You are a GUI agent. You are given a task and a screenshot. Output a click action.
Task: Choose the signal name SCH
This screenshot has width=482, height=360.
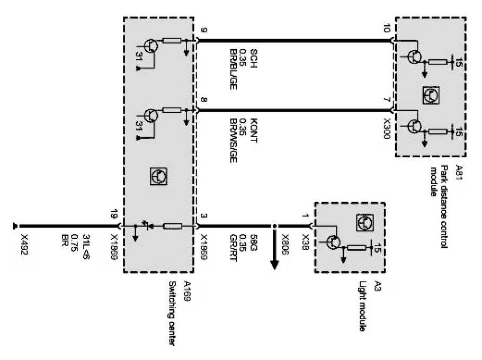pyautogui.click(x=253, y=56)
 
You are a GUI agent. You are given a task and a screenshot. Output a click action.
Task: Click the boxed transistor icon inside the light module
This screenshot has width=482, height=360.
pyautogui.click(x=363, y=221)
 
